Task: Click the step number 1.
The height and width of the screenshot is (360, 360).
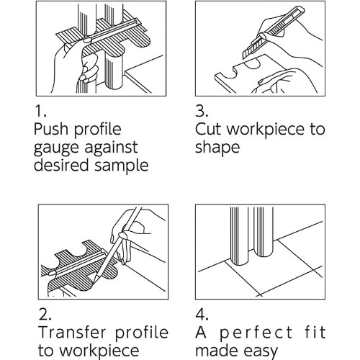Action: [40, 111]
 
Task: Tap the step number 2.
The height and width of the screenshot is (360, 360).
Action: [45, 315]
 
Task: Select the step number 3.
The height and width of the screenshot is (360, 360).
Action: [202, 111]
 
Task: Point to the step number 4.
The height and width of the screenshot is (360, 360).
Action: [202, 315]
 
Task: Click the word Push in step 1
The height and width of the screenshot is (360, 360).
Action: [51, 129]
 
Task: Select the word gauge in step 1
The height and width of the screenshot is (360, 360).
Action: [57, 148]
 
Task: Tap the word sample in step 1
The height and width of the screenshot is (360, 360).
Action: [122, 166]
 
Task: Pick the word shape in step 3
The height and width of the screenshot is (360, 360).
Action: [217, 148]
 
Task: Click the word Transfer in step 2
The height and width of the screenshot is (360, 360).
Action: [73, 333]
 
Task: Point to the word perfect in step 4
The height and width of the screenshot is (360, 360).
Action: [256, 333]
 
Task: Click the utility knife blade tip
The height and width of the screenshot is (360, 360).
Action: [243, 58]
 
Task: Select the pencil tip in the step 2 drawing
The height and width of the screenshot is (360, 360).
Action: [94, 282]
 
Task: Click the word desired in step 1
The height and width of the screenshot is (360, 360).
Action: [61, 166]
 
